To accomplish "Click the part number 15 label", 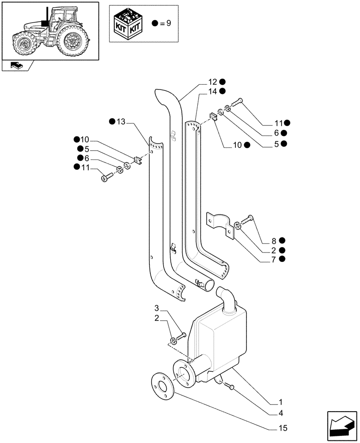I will (283, 428).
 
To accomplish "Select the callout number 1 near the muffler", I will (280, 403).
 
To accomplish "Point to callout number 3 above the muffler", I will (157, 308).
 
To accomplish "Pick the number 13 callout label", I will (121, 122).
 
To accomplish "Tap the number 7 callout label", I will (274, 259).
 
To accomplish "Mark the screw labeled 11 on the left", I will (107, 177).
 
